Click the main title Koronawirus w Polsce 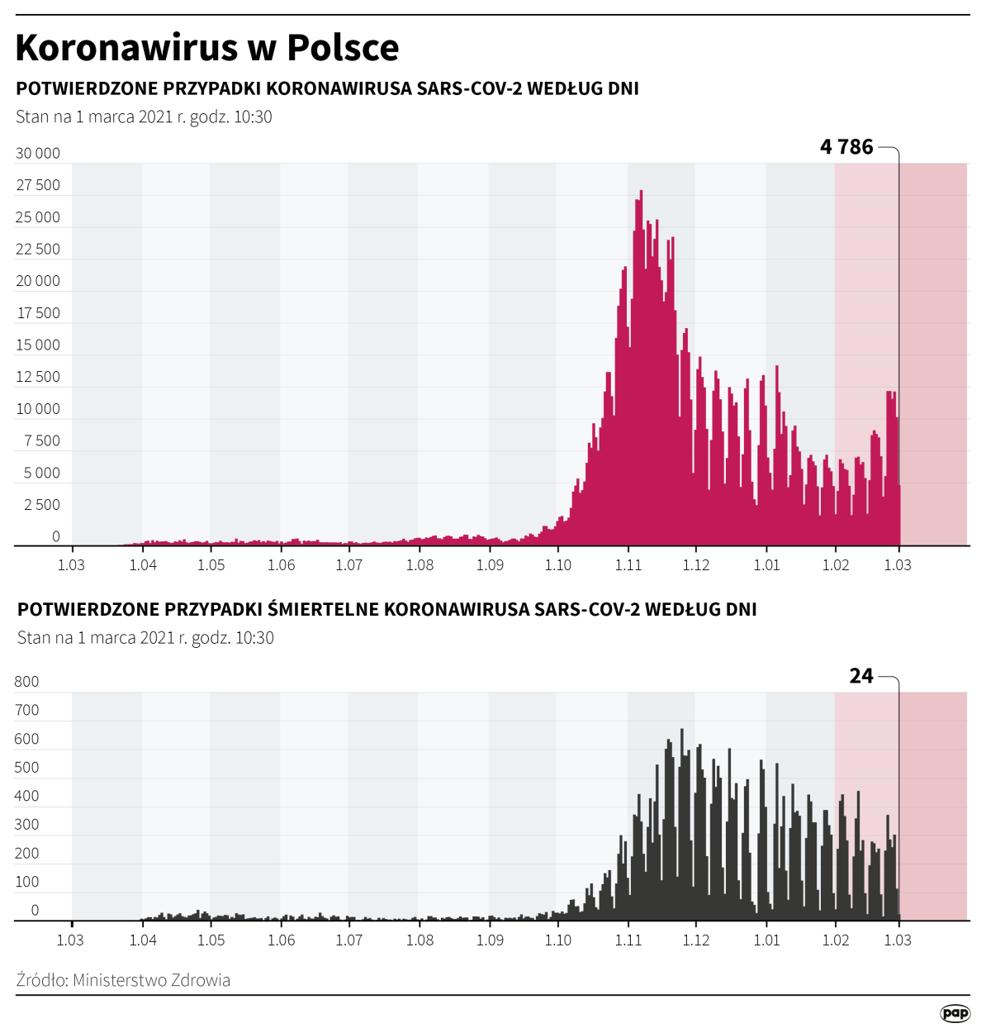coord(207,48)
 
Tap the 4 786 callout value coord(846,147)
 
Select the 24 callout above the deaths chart coord(861,676)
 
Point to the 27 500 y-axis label coord(38,185)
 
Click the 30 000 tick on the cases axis coord(38,153)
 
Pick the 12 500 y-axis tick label coord(38,377)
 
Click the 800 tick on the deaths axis coord(26,682)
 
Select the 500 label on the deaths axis coord(26,767)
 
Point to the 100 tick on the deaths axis coord(26,882)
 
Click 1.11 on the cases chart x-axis coord(628,565)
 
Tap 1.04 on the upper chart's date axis coord(143,565)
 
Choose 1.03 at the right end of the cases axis coord(898,565)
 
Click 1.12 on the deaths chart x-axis coord(696,940)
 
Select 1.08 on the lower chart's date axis coord(420,940)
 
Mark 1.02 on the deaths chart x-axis coord(836,940)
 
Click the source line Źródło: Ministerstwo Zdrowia coord(123,980)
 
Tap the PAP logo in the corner coord(955,1013)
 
